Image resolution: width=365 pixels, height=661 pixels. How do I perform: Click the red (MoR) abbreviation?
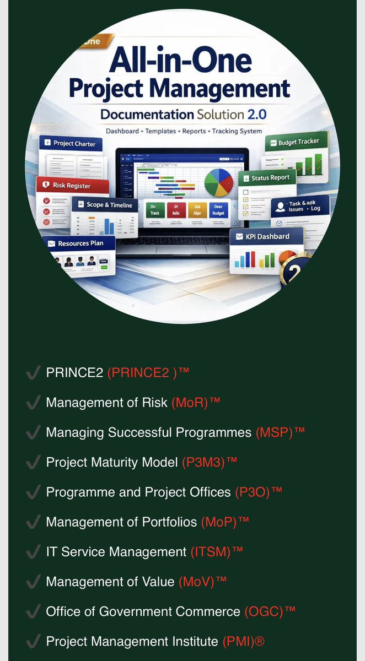[x=190, y=403]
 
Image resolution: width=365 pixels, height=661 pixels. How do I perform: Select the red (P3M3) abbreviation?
[x=203, y=462]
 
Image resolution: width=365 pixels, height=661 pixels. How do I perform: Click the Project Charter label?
[x=74, y=144]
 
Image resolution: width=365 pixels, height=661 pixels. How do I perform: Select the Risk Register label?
[x=71, y=186]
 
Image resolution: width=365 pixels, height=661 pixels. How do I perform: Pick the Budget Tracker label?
[x=298, y=142]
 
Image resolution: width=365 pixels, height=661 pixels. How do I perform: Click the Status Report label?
[x=270, y=178]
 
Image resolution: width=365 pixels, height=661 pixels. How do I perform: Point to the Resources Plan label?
[x=80, y=243]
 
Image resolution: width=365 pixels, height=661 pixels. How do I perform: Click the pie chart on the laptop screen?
[x=219, y=181]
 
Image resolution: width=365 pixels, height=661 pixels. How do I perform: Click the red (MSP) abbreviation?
[x=274, y=432]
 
